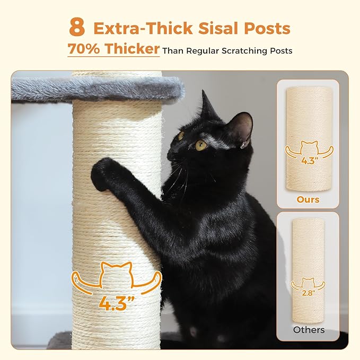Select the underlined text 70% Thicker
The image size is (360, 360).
click(x=113, y=50)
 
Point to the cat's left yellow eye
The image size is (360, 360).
click(x=201, y=145)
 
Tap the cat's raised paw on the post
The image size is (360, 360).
click(x=103, y=174)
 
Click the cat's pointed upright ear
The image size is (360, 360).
click(x=207, y=105)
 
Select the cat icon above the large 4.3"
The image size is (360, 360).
click(x=117, y=275)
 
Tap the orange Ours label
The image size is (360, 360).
click(x=308, y=200)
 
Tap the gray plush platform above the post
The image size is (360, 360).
click(x=95, y=87)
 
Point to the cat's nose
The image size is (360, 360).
click(x=172, y=154)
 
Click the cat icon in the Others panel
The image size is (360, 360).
click(x=308, y=282)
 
